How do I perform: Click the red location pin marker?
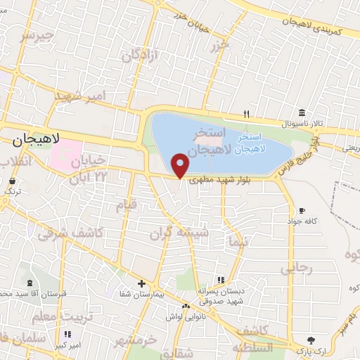tap(181, 165)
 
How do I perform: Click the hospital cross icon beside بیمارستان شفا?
tap(142, 283)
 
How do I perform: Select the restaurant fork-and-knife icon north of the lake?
tap(245, 113)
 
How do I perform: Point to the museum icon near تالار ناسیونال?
tap(302, 113)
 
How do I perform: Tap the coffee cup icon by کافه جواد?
tap(302, 210)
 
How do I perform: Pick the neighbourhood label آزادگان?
tap(139, 54)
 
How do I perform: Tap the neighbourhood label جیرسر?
tap(37, 34)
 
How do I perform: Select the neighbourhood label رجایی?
tap(295, 268)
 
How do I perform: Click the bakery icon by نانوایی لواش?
tap(186, 306)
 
